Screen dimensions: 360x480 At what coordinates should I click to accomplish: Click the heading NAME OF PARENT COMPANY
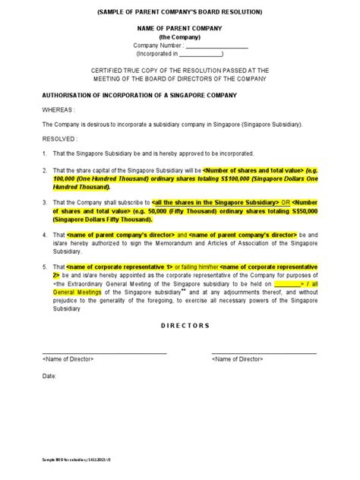point(179,27)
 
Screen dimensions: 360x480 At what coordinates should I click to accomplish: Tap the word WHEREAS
point(58,109)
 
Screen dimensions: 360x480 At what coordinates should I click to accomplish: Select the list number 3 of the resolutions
point(45,203)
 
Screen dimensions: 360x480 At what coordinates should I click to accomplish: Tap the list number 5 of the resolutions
point(45,267)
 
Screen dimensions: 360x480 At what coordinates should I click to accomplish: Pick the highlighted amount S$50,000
point(299,210)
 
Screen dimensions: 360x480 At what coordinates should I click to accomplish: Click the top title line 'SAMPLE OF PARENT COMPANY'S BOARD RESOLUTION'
point(180,12)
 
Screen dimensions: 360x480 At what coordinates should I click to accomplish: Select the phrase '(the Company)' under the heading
point(179,36)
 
